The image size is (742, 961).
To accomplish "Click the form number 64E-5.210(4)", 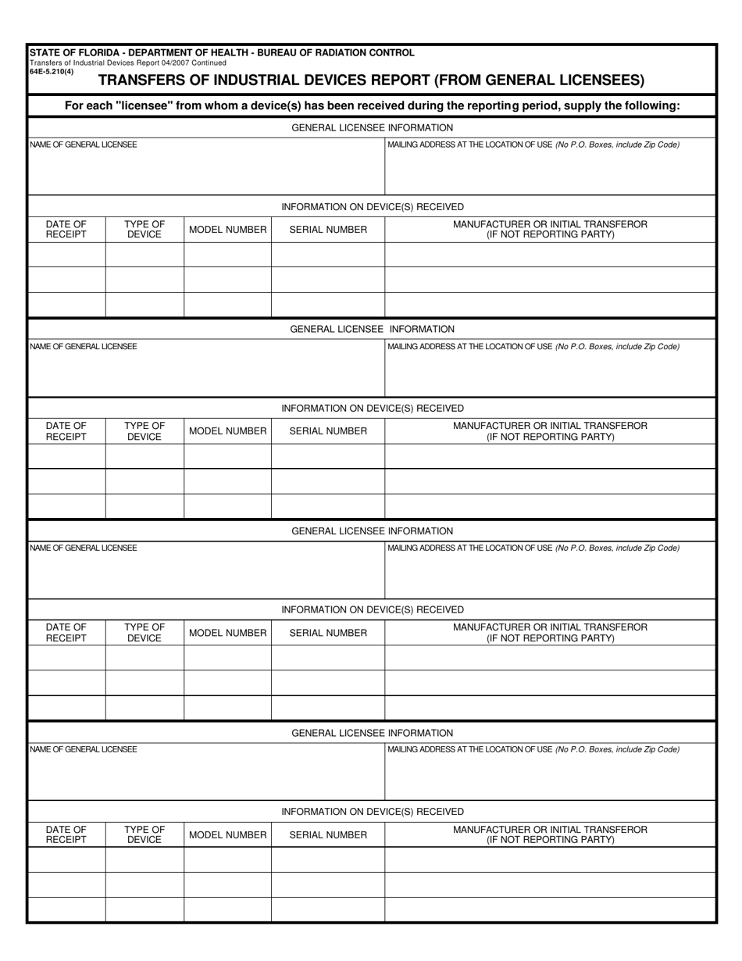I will tap(51, 71).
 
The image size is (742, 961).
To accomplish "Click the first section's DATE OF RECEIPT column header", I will tap(66, 230).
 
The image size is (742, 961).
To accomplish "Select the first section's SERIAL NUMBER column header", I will tap(328, 230).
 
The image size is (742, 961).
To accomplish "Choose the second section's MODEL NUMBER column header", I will tap(227, 431).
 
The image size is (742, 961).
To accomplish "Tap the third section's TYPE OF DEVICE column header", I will tap(144, 633).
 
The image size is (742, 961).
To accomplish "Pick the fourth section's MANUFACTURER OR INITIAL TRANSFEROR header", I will tap(550, 834).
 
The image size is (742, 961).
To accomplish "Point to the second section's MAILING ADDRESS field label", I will tap(533, 346).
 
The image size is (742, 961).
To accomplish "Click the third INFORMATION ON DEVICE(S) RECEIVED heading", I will tap(372, 609).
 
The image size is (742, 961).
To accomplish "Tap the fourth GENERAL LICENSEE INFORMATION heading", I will tap(372, 733).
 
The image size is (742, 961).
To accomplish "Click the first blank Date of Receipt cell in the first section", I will tap(66, 255).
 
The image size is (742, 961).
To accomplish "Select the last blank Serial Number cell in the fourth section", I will tap(328, 909).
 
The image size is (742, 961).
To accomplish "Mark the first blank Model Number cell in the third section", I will tap(227, 658).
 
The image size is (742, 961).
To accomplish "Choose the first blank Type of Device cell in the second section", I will tap(144, 456).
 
